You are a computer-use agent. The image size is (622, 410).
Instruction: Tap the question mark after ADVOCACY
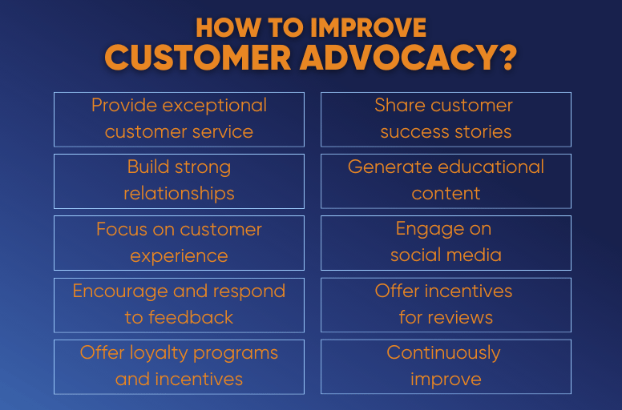[x=505, y=58]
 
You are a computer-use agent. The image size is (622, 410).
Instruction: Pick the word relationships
[x=179, y=194]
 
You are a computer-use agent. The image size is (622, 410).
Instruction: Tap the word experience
[x=179, y=256]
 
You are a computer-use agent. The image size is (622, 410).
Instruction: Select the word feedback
[x=190, y=317]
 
